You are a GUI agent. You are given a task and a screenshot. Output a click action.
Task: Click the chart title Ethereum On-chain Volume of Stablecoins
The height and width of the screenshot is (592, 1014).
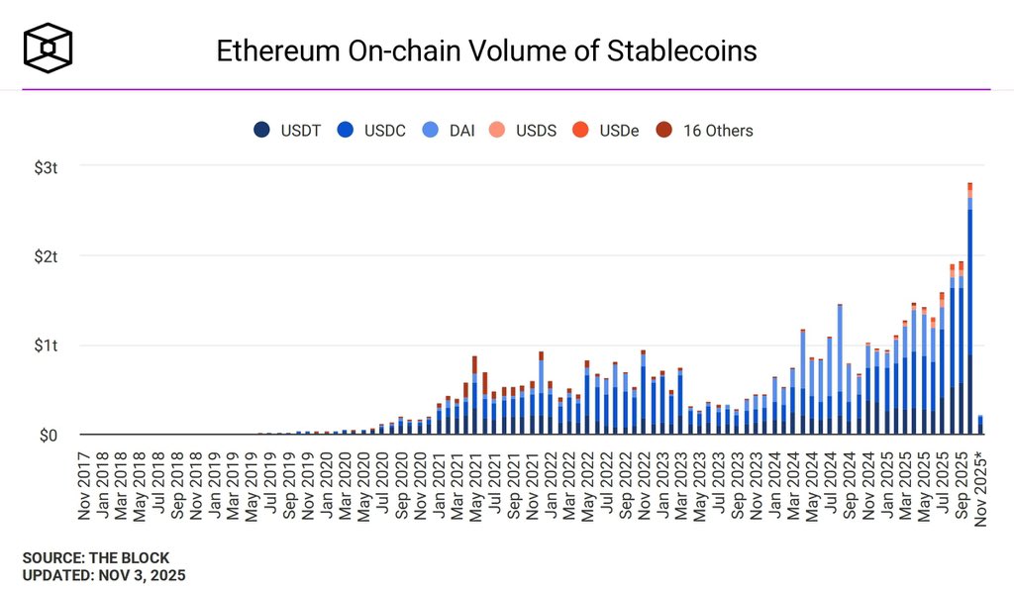486,50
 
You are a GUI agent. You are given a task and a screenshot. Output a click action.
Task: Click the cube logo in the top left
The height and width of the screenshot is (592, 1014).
49,48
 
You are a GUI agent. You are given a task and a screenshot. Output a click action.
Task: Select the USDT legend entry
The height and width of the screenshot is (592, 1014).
288,131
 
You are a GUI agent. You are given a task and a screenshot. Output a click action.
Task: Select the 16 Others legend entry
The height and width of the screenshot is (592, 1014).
705,131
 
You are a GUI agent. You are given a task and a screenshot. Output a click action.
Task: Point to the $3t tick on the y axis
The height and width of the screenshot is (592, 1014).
45,166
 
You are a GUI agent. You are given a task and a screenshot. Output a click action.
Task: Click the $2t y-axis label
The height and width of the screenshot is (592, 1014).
45,256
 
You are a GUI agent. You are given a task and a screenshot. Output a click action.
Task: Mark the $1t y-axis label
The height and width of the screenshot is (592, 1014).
45,345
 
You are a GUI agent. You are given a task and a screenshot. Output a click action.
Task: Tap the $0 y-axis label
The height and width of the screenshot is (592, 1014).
47,436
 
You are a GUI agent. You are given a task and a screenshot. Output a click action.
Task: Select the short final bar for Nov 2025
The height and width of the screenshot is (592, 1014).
979,426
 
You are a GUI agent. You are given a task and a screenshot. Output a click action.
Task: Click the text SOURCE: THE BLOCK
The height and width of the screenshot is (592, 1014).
96,558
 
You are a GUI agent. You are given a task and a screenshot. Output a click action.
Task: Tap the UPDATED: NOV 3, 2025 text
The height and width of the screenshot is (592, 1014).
104,574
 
